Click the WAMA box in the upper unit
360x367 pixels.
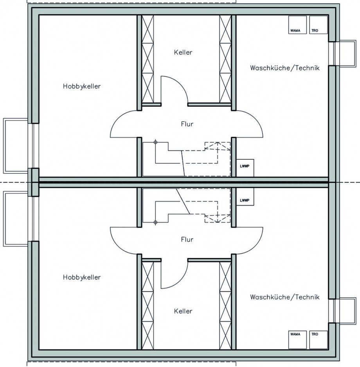pos(297,25)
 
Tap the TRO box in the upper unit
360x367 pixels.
pos(319,25)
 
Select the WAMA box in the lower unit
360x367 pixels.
pos(297,340)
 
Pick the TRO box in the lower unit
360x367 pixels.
pos(319,340)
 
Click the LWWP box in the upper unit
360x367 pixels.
pos(245,168)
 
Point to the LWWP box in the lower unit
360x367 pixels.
pos(245,197)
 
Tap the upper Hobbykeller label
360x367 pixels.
pos(82,87)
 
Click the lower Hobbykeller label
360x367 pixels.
pos(82,277)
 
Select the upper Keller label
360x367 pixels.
pos(183,52)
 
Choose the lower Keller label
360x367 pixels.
pos(183,311)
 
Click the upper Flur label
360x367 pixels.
pos(187,124)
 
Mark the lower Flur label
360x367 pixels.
pos(187,239)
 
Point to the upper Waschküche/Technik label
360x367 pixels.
pos(285,68)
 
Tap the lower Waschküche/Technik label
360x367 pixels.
pos(285,297)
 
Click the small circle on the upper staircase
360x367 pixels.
pos(155,142)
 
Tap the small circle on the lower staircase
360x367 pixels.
pos(155,222)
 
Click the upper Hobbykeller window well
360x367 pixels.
pos(4,146)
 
